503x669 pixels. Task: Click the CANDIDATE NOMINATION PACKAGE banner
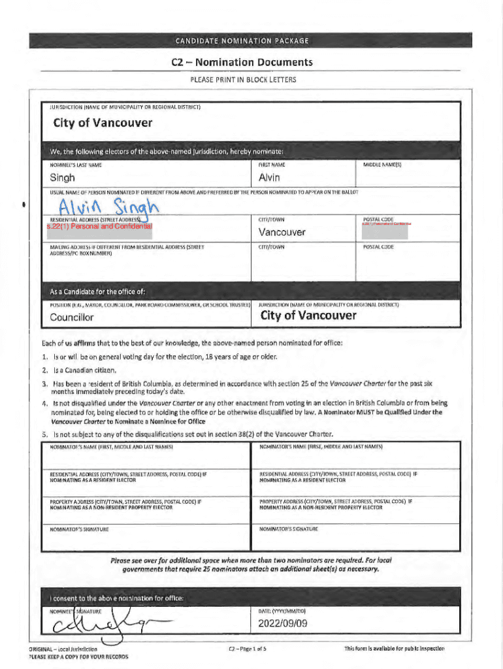pos(242,41)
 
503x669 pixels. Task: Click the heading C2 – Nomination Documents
pos(242,63)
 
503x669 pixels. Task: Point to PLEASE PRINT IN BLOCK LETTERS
pos(242,80)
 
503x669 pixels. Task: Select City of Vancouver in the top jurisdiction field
pos(94,123)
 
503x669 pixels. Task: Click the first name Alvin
pos(269,178)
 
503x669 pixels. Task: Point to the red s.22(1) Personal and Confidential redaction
pos(99,226)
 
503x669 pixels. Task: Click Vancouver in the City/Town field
pos(282,232)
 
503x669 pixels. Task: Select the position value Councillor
pos(72,318)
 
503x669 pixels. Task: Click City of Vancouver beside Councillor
pos(308,316)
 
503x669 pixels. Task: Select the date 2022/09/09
pos(282,623)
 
